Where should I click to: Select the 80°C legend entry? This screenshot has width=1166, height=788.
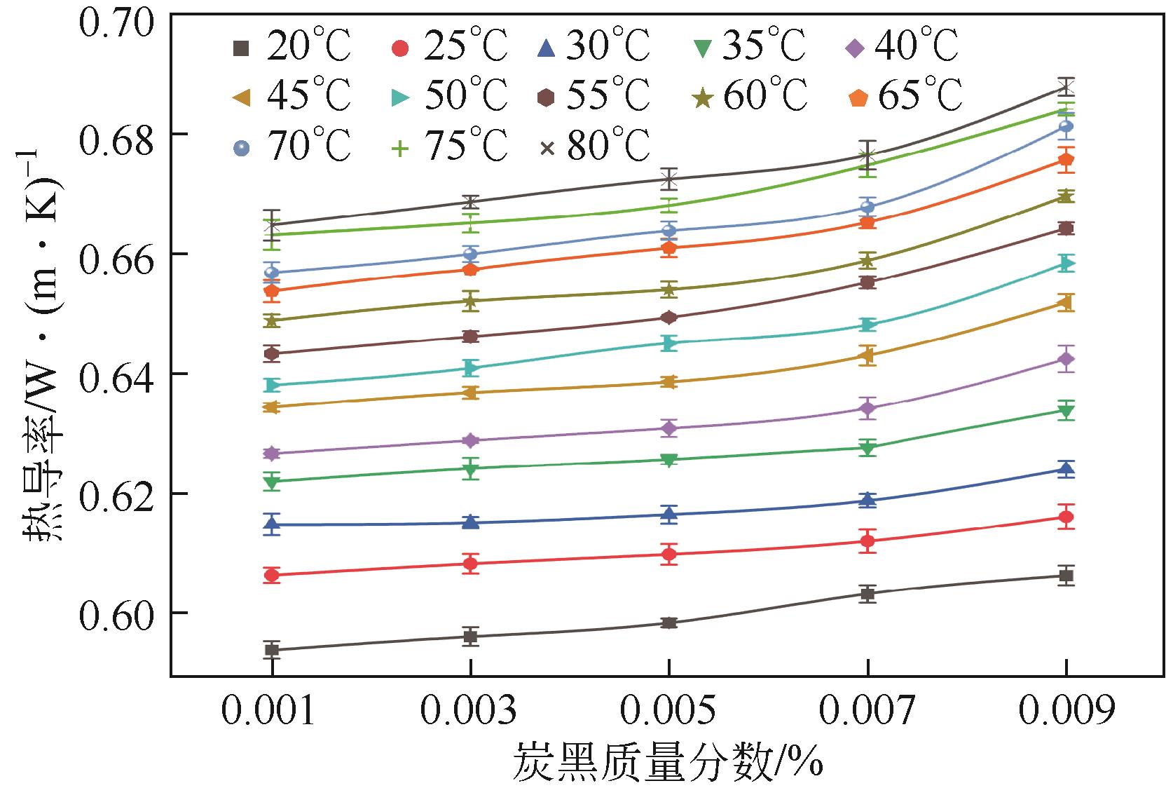(x=595, y=147)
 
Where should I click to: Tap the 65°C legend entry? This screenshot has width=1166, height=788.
(x=904, y=97)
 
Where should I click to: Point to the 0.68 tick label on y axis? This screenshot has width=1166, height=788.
(x=116, y=134)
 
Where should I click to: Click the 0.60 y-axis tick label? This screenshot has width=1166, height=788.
(x=116, y=613)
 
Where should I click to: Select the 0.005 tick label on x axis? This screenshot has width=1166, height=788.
(x=668, y=712)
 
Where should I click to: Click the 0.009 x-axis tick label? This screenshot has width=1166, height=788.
(x=1066, y=712)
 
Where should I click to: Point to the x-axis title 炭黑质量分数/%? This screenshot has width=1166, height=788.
(x=668, y=763)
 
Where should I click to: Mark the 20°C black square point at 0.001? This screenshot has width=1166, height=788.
(x=272, y=650)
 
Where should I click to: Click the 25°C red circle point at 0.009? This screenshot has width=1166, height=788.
(x=1066, y=517)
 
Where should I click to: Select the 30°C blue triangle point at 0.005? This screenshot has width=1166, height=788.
(x=669, y=514)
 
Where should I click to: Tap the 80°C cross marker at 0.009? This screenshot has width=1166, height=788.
(x=1066, y=88)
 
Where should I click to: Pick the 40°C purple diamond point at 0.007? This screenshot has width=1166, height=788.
(x=867, y=408)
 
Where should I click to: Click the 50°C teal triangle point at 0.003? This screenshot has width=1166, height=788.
(x=471, y=368)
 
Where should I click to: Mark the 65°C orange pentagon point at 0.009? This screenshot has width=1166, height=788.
(x=1066, y=160)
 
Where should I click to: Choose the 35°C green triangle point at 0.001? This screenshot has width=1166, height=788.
(x=272, y=482)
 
